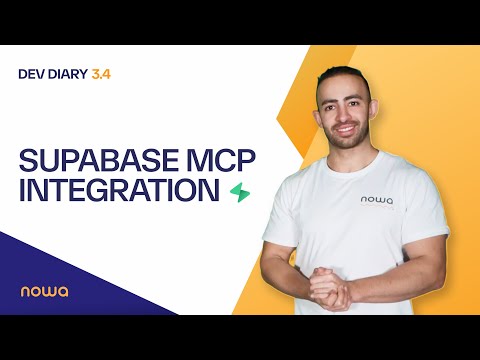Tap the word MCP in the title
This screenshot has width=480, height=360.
[205, 159]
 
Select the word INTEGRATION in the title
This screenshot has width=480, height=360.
[118, 190]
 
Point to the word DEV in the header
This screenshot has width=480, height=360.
[33, 73]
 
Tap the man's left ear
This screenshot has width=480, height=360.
[379, 113]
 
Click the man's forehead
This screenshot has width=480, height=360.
[344, 85]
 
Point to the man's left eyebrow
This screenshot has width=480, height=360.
[358, 97]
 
